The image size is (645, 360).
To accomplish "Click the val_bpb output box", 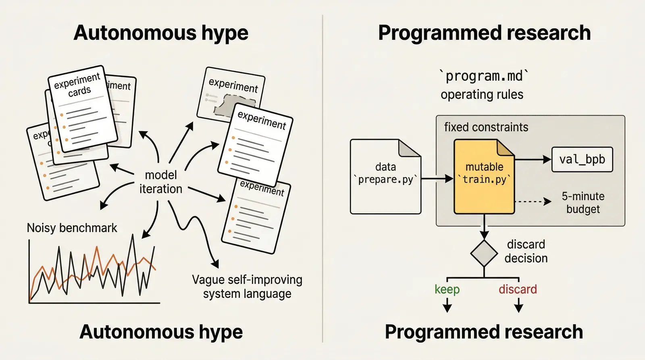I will [x=582, y=160].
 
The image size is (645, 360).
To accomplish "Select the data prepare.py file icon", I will [x=385, y=177].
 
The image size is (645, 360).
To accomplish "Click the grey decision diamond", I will [x=484, y=253].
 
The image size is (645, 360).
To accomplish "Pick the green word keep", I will [x=447, y=289].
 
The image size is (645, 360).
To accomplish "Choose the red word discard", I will [x=518, y=289].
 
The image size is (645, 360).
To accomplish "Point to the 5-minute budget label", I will [x=583, y=202].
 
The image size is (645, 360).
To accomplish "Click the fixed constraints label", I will [x=486, y=127].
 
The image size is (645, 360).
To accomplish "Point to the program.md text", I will [x=484, y=76].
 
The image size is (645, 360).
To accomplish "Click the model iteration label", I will [x=161, y=182].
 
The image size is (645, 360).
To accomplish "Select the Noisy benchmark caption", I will [x=72, y=228].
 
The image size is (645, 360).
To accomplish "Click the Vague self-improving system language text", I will [x=247, y=287].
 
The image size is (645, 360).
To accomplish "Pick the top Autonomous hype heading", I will [x=161, y=33].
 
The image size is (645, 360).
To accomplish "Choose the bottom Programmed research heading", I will [x=484, y=332].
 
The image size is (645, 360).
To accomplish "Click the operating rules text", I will [x=482, y=95].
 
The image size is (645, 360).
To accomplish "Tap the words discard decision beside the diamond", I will [x=526, y=251].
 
